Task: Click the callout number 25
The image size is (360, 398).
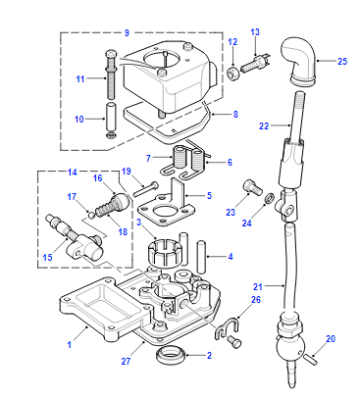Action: point(342,61)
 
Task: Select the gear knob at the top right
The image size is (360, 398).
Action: point(299,61)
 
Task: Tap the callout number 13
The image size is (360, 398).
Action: point(255,32)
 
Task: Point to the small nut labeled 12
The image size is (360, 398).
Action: point(233,73)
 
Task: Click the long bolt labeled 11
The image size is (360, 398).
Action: point(111,75)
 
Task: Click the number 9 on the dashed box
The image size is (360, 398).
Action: point(127,33)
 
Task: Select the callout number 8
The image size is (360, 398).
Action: point(236,114)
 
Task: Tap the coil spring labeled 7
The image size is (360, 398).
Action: point(180,157)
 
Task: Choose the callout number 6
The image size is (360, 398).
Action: point(230,162)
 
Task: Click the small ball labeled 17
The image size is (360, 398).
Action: point(91,216)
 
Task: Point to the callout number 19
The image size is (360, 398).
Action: point(126,172)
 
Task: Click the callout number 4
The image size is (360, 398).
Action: point(230,257)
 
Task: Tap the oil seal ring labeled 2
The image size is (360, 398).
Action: point(171,355)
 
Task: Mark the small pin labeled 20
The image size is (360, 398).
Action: point(310,359)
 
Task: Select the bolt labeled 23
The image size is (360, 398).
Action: point(252,187)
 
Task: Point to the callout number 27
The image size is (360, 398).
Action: point(126,361)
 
